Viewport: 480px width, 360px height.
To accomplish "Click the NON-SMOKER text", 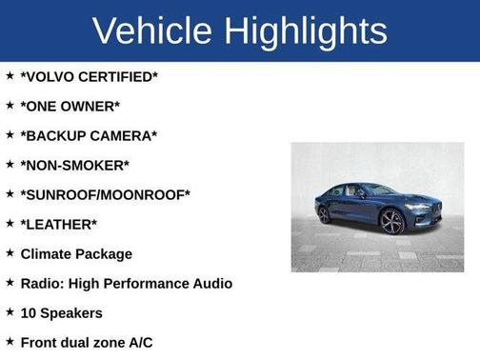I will coord(75,165).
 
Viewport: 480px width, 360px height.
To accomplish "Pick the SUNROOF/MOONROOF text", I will coord(106,194).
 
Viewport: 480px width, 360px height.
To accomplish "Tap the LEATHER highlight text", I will coord(59,224).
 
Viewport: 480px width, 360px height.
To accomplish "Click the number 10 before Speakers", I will coord(29,313).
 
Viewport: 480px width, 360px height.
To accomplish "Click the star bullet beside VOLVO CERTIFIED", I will coord(10,75).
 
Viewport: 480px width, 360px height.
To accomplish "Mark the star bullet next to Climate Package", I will coord(10,253).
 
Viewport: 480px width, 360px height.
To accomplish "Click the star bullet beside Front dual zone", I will coord(10,342).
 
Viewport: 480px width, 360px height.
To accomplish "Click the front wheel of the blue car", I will coord(391,222).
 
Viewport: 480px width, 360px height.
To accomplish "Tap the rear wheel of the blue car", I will coord(325,214).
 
